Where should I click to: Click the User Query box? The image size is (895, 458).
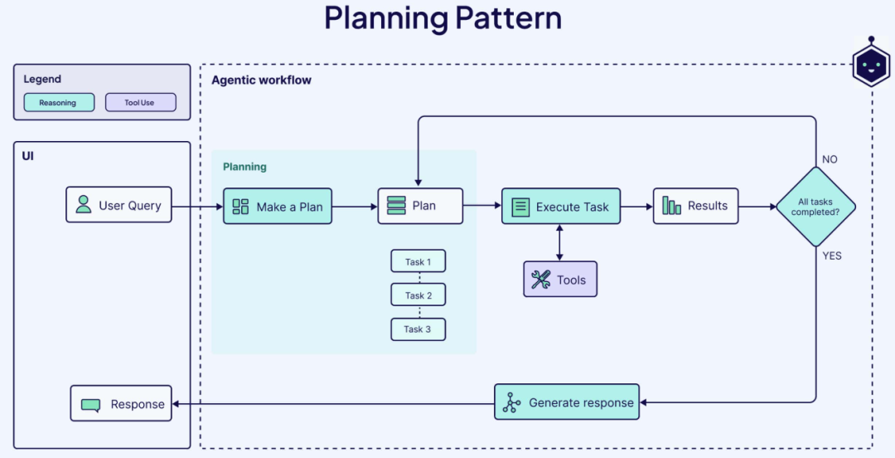(119, 205)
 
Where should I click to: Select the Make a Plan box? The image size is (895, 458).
(277, 207)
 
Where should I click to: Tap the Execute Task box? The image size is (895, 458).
(560, 207)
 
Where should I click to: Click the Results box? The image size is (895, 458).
(695, 206)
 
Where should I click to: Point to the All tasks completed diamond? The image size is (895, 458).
(815, 207)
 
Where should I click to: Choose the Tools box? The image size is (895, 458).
(559, 280)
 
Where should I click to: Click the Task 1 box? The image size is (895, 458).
(418, 261)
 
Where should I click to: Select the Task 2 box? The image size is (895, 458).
(418, 295)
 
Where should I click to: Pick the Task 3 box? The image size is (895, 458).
(418, 329)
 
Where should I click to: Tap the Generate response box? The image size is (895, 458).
(567, 402)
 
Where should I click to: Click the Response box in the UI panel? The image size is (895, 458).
(121, 404)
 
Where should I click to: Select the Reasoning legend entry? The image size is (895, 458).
(58, 103)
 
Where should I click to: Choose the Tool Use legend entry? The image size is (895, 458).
(140, 103)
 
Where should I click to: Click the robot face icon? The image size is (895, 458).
(871, 66)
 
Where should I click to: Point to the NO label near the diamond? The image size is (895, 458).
(829, 159)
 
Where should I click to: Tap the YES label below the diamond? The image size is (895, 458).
(831, 256)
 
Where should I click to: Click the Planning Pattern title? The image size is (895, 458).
(443, 18)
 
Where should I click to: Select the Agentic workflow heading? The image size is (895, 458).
(261, 80)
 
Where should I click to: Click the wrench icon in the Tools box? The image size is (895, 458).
(541, 280)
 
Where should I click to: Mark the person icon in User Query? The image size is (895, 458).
(84, 205)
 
